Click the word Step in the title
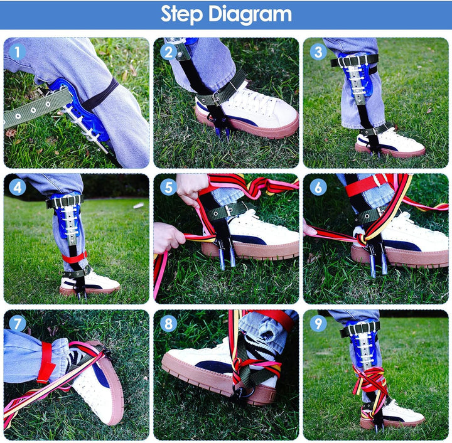(182, 14)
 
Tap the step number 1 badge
(18, 52)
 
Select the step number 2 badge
(168, 52)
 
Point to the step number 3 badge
(318, 52)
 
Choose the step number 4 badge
(18, 188)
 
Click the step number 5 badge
(168, 188)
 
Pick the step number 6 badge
(318, 188)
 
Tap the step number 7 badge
(18, 323)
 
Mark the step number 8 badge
(168, 323)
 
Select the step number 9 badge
(318, 323)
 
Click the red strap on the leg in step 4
(75, 257)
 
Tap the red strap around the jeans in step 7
(46, 362)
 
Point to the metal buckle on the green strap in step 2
(215, 99)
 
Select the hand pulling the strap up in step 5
(191, 189)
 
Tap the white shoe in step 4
(90, 284)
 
